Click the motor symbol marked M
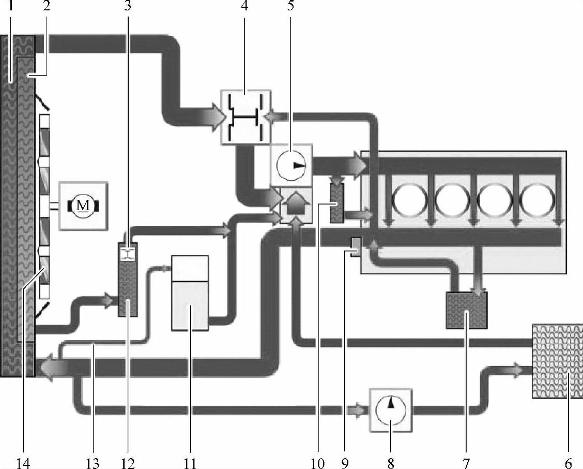point(83,206)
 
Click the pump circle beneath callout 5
point(291,165)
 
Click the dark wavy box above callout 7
point(467,310)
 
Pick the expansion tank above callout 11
point(190,293)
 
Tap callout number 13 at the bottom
point(93,462)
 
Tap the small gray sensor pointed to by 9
point(355,246)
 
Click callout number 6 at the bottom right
point(569,462)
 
